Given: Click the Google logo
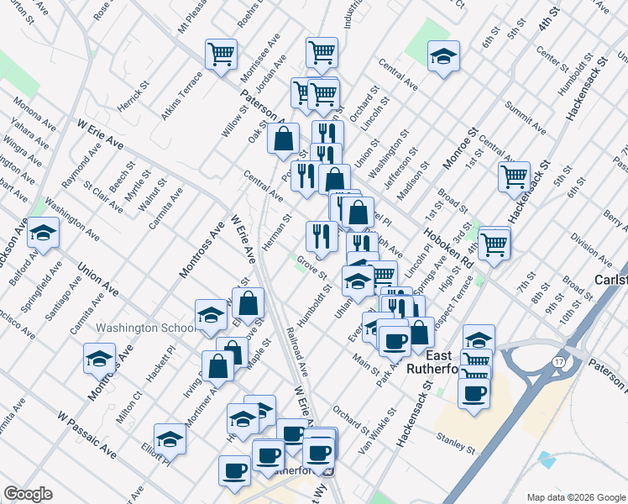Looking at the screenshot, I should (x=28, y=494).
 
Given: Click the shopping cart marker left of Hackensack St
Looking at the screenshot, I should (x=514, y=176).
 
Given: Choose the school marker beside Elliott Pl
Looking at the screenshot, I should (x=170, y=438).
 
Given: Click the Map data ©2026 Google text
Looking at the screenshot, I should (x=575, y=496).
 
